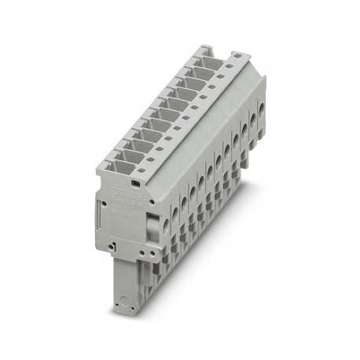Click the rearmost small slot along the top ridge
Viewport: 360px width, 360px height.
coord(235,57)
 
